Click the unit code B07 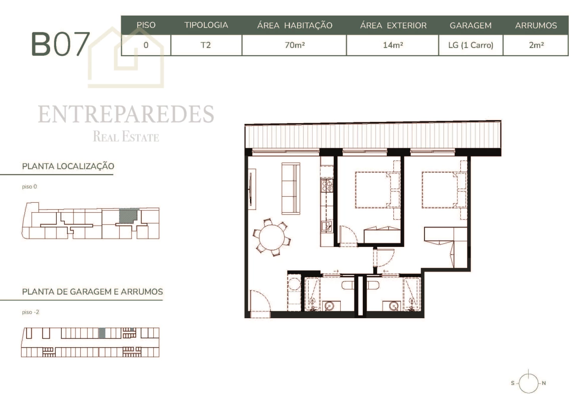coord(60,44)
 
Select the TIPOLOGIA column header coord(206,25)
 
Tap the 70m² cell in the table coord(295,45)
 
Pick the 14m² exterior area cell coord(393,45)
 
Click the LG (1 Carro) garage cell coord(471,45)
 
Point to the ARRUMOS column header coord(536,26)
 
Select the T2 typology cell coord(206,45)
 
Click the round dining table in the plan coord(272,237)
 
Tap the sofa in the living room coord(291,188)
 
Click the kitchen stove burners coord(327,185)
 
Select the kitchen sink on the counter coord(326,226)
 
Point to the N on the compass coord(544,383)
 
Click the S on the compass coord(513,383)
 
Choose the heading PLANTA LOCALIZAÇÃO coord(68,166)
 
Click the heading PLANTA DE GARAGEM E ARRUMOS coord(92,291)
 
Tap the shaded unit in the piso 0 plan coord(128,216)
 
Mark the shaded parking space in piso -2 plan coord(102,333)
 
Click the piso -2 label coord(31,312)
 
